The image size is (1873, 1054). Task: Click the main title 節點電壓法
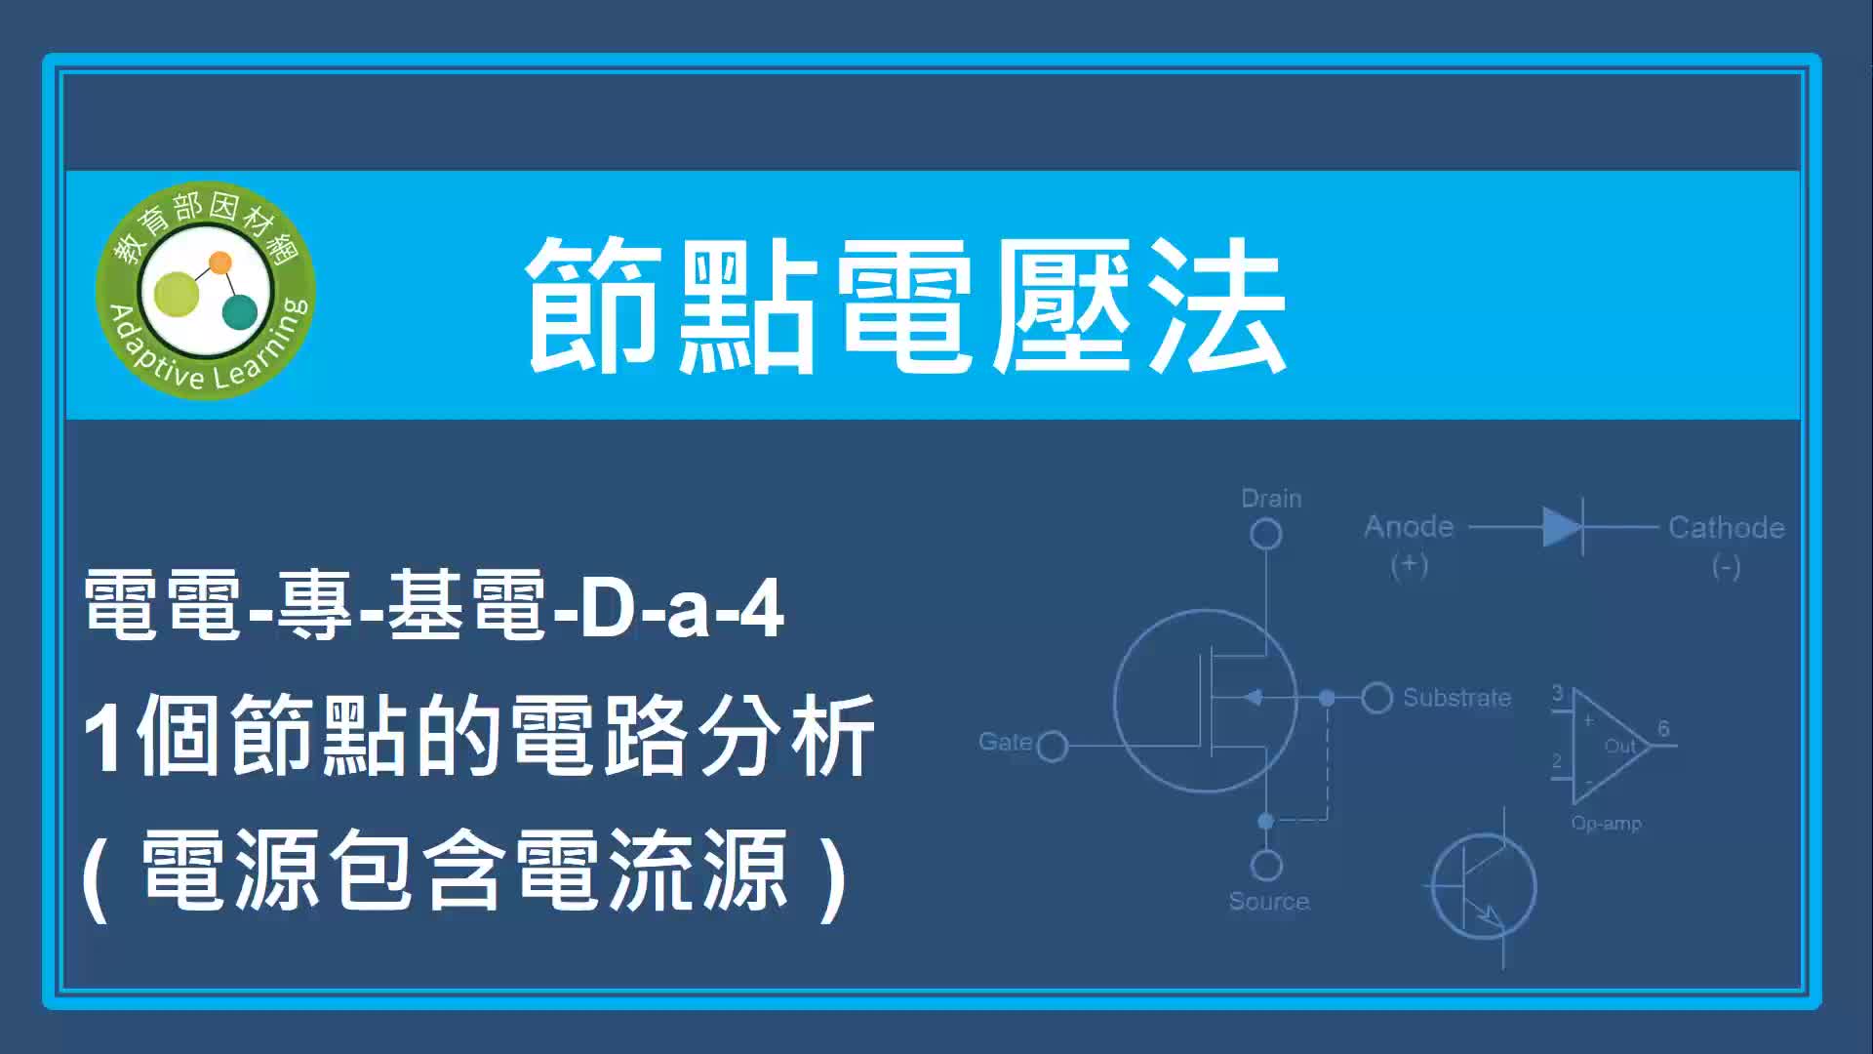pos(906,305)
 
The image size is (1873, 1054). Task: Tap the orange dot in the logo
pos(220,263)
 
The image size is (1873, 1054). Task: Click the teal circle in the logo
pos(240,311)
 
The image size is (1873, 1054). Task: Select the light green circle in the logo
pos(177,295)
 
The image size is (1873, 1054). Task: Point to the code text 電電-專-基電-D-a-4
pos(434,606)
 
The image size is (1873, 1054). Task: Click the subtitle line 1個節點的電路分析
pos(479,736)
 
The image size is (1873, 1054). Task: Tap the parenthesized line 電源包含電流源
pos(464,872)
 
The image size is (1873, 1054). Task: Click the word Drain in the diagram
pos(1271,499)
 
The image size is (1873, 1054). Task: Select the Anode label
pos(1409,527)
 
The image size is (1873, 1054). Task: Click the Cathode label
pos(1727,528)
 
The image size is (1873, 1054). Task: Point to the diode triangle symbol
pos(1561,528)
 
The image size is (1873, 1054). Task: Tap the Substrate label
pos(1456,698)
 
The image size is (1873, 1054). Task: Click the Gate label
pos(1005,742)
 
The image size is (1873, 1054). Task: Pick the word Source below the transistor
pos(1269,902)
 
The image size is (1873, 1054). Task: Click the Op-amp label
pos(1606,824)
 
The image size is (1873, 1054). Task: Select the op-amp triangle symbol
pos(1610,747)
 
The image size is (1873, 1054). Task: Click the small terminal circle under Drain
pos(1266,534)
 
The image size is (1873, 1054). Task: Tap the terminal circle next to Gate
pos(1053,747)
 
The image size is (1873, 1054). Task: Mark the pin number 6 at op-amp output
pos(1663,728)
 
